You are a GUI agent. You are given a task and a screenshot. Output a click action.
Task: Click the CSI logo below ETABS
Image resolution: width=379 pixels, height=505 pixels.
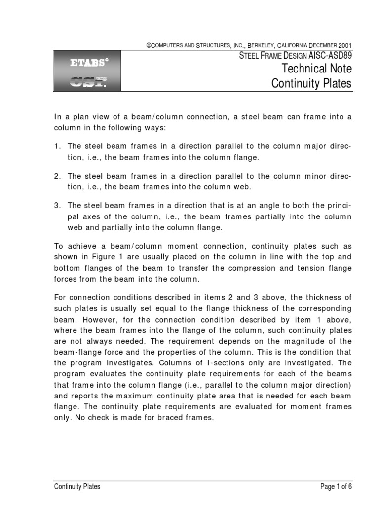(x=88, y=82)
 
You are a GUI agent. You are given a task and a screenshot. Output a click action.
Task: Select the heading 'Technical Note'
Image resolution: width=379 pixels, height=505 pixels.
(x=316, y=68)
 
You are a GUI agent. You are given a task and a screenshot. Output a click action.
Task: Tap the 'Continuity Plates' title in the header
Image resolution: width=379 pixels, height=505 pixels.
(x=312, y=83)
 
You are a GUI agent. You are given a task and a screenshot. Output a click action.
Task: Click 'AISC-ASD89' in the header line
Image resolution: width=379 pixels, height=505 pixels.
(x=330, y=56)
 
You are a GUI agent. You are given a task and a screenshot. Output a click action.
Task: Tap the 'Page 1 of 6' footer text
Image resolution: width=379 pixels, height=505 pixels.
(x=336, y=487)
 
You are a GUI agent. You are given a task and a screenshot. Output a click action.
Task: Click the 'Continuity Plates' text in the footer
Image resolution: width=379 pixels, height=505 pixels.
(x=77, y=487)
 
